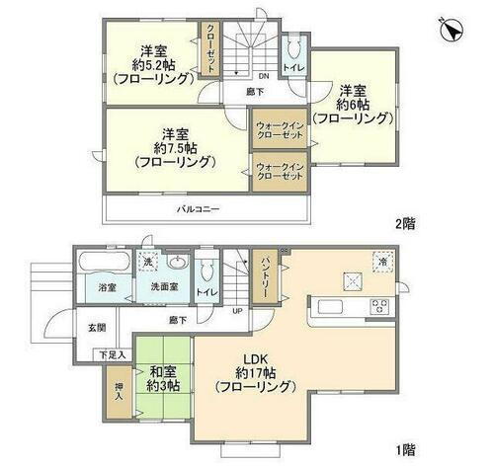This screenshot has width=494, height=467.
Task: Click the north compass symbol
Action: pos(453,32)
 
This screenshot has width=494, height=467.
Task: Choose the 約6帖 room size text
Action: pos(355,102)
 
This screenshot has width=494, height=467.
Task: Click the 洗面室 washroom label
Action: pos(164,288)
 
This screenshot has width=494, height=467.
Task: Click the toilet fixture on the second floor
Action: pos(295,51)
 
